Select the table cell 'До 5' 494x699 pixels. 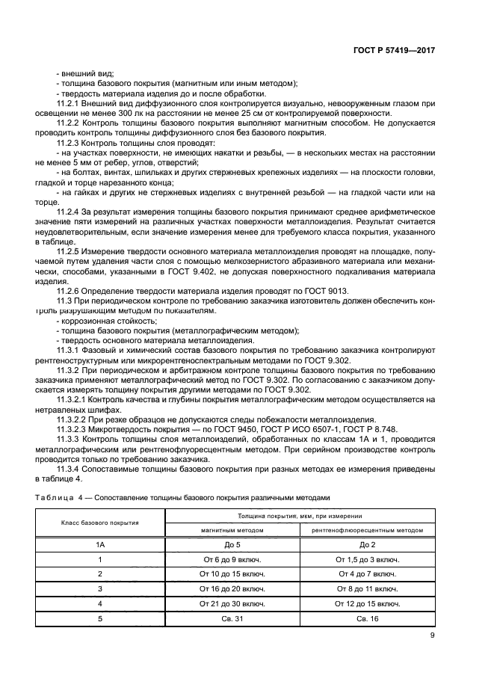tap(232, 544)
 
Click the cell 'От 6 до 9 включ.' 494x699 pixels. tap(232, 559)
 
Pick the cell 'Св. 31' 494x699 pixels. tap(232, 618)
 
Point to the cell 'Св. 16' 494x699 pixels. tap(367, 618)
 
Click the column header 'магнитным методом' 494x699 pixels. tap(232, 529)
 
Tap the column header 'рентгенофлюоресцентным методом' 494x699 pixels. tap(367, 529)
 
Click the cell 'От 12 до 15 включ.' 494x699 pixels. tap(367, 603)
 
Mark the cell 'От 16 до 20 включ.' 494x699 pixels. tap(232, 588)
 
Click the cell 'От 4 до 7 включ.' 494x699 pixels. tap(367, 573)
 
